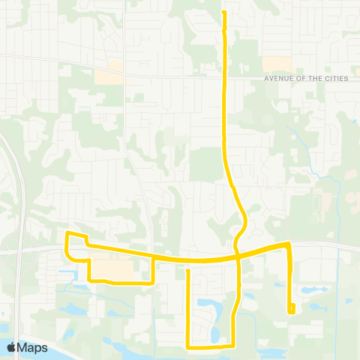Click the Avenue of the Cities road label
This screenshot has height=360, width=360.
pyautogui.click(x=306, y=78)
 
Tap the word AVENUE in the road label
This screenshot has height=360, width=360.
pyautogui.click(x=277, y=78)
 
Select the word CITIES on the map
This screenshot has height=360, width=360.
pyautogui.click(x=335, y=78)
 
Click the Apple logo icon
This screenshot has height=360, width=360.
pyautogui.click(x=13, y=347)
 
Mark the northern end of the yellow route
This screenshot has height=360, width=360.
pyautogui.click(x=224, y=11)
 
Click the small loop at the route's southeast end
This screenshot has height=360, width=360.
pyautogui.click(x=291, y=308)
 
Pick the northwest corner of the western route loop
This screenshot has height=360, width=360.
pyautogui.click(x=68, y=235)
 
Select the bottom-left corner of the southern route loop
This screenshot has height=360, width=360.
pyautogui.click(x=187, y=347)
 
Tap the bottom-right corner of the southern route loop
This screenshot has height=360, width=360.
pyautogui.click(x=232, y=346)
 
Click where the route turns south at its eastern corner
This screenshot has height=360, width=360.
pyautogui.click(x=288, y=244)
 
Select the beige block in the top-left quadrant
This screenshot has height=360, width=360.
pyautogui.click(x=109, y=76)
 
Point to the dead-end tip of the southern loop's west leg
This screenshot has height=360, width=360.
pyautogui.click(x=187, y=270)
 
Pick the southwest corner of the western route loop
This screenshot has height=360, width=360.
pyautogui.click(x=89, y=280)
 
